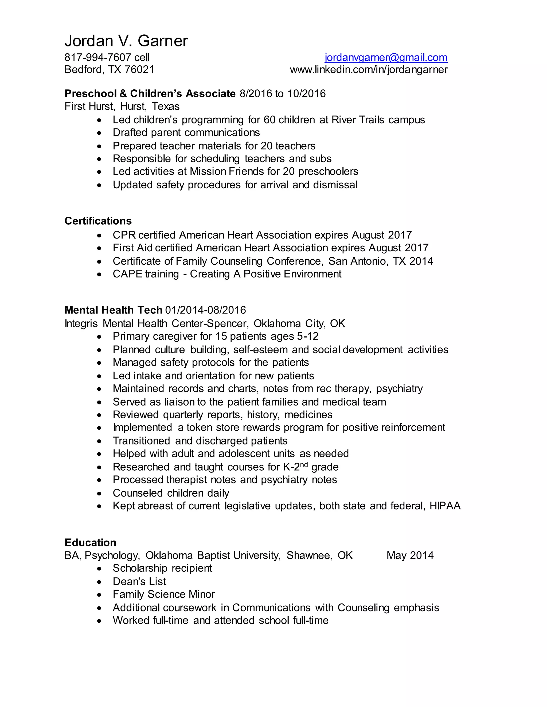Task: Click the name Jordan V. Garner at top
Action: (126, 41)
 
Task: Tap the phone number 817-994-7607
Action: (97, 58)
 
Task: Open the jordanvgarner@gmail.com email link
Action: (386, 58)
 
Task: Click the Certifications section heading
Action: (98, 221)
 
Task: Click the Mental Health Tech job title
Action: (113, 310)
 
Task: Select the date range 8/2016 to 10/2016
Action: (282, 94)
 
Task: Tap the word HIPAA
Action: (445, 506)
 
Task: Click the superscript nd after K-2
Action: (303, 464)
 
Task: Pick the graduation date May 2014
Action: (410, 555)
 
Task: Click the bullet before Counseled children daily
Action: (99, 494)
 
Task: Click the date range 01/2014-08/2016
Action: (205, 310)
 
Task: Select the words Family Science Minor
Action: (164, 594)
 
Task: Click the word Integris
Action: (81, 323)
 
